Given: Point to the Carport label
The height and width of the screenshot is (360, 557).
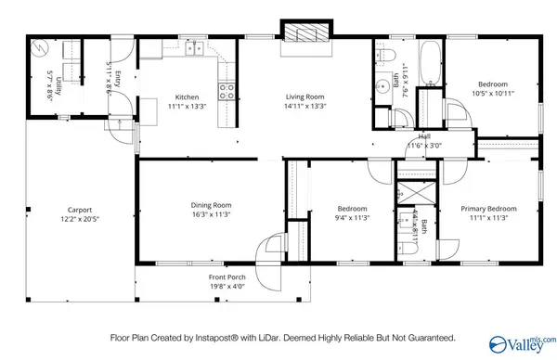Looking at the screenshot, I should click(x=79, y=210).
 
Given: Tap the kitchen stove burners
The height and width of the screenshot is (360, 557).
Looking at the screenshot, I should click(x=226, y=90).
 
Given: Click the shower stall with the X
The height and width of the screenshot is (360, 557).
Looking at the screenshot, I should click(x=409, y=193).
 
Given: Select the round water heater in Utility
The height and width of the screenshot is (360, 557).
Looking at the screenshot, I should click(x=39, y=46).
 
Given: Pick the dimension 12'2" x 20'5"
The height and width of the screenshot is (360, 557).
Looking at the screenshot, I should click(x=79, y=218).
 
